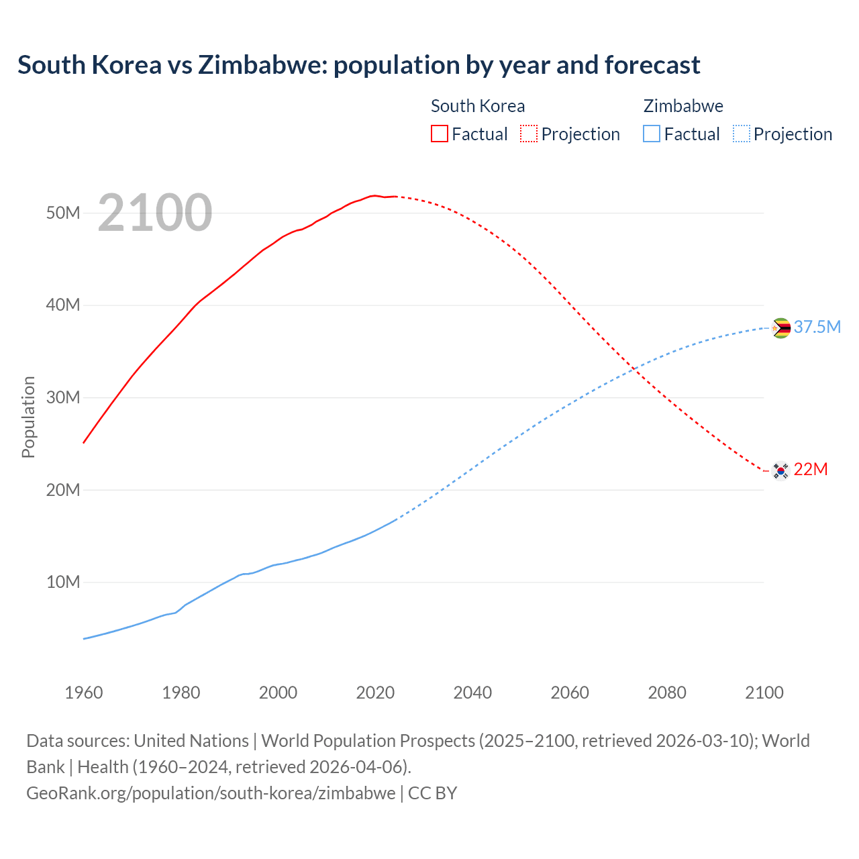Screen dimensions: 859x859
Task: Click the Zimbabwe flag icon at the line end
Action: [x=780, y=328]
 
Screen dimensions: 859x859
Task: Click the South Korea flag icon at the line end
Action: [x=780, y=470]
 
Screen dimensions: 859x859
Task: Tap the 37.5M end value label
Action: [x=817, y=327]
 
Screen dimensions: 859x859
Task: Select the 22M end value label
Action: [x=810, y=469]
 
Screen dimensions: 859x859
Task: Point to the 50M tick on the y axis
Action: [x=63, y=213]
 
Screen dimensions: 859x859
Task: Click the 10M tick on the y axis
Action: [x=63, y=582]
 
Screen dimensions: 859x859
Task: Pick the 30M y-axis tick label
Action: [x=63, y=397]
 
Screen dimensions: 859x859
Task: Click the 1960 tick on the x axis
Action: [x=84, y=693]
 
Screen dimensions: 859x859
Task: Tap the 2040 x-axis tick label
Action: [x=472, y=693]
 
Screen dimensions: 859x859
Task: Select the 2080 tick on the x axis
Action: [x=667, y=693]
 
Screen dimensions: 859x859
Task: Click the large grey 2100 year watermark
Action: [x=155, y=213]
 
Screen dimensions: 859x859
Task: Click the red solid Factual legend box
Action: [x=440, y=134]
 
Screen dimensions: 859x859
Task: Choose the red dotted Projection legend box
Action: [x=529, y=134]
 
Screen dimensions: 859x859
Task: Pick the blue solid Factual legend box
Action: [x=652, y=134]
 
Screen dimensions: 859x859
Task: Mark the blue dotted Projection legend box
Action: [x=742, y=134]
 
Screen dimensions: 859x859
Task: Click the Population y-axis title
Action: [x=28, y=417]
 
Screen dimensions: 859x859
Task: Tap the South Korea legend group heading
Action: [x=477, y=106]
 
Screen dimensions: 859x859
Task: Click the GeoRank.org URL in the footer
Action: [x=211, y=793]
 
